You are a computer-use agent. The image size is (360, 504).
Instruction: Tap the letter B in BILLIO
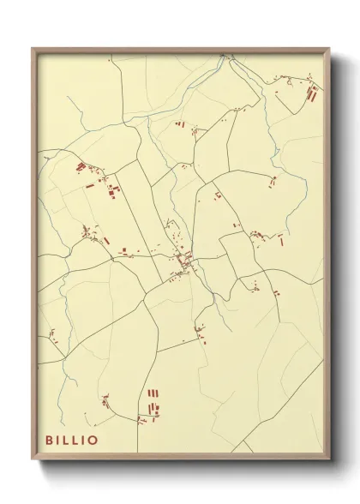coord(50,439)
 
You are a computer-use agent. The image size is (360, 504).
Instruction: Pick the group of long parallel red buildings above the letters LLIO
coord(154,400)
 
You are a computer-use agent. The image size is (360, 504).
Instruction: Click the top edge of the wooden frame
coord(180,50)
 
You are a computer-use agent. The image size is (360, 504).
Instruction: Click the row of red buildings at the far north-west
coord(81,166)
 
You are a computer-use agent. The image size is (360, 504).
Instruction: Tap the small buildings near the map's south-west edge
coord(51,334)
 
